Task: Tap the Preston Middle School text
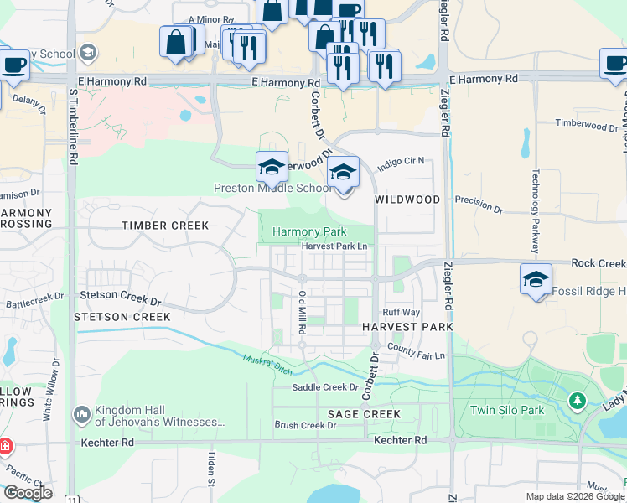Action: click(273, 189)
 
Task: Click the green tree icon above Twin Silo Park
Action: click(577, 402)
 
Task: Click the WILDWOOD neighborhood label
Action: click(407, 200)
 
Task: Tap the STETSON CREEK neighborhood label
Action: click(122, 317)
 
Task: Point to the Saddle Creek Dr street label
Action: click(325, 387)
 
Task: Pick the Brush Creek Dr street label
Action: click(305, 425)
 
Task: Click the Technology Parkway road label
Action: click(534, 214)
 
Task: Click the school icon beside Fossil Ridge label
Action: click(536, 279)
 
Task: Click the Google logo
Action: click(28, 493)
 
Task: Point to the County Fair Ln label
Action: click(417, 355)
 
